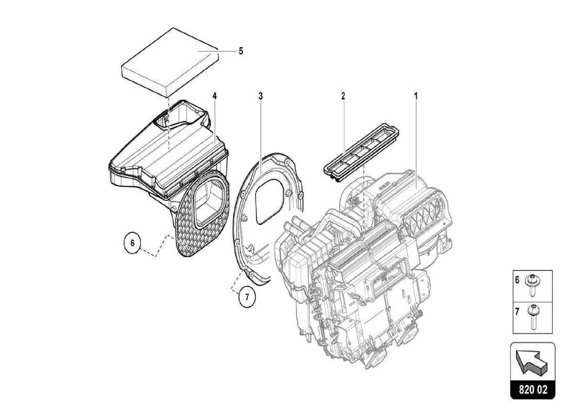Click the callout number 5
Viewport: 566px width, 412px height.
pyautogui.click(x=240, y=51)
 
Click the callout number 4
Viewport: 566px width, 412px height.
pyautogui.click(x=214, y=96)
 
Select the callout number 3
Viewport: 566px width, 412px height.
pyautogui.click(x=260, y=96)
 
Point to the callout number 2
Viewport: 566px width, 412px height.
pyautogui.click(x=343, y=96)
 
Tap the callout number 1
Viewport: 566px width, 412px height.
pyautogui.click(x=416, y=96)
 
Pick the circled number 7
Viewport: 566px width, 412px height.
pyautogui.click(x=247, y=297)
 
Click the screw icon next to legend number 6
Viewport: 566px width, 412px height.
pyautogui.click(x=534, y=285)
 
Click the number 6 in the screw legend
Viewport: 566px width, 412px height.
pyautogui.click(x=518, y=281)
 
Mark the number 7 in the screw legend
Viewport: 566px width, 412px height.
pyautogui.click(x=518, y=312)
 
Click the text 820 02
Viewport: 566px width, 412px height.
pyautogui.click(x=533, y=390)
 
